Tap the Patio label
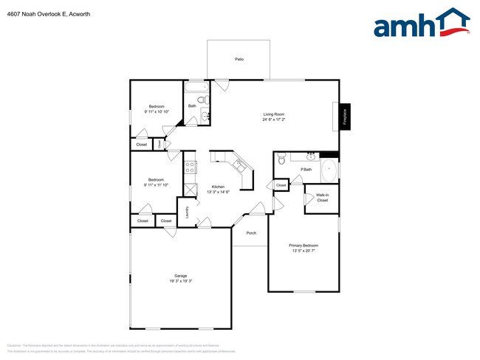[x=239, y=59]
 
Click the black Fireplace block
[x=343, y=117]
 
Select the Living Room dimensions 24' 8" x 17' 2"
[x=274, y=120]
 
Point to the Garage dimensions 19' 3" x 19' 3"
[x=180, y=281]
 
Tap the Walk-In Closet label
[x=322, y=198]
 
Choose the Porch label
[x=251, y=233]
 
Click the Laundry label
[x=188, y=212]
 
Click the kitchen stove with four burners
[x=190, y=167]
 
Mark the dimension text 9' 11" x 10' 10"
[x=157, y=111]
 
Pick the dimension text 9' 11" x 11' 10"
[x=156, y=185]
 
